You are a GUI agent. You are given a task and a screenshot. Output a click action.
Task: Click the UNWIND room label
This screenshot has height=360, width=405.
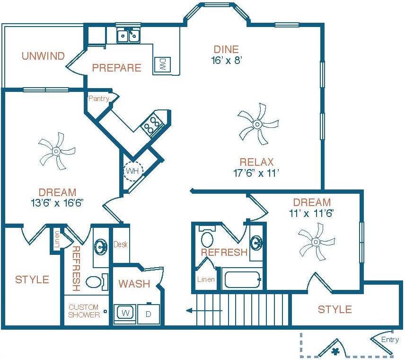click(43, 56)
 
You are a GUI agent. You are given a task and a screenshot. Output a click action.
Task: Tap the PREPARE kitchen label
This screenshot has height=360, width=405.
click(116, 68)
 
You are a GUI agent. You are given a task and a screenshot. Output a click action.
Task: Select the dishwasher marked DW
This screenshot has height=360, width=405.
click(162, 64)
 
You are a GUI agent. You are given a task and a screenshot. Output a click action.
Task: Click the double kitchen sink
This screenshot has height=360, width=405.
click(128, 36)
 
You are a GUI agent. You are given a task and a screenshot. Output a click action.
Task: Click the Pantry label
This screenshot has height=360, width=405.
click(99, 99)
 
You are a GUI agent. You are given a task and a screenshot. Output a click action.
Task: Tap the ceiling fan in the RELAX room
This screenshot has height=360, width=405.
click(257, 124)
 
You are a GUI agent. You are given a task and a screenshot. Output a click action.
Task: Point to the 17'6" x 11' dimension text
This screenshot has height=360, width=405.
click(256, 173)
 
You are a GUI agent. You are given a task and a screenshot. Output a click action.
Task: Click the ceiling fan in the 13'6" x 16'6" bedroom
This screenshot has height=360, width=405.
click(56, 151)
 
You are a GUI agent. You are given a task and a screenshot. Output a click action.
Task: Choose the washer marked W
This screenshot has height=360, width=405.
click(125, 313)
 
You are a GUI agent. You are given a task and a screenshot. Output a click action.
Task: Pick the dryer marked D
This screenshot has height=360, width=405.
click(148, 314)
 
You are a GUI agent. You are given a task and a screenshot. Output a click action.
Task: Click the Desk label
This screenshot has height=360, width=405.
click(121, 245)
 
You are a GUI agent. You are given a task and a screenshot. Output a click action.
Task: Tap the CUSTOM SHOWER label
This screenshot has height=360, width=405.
click(84, 311)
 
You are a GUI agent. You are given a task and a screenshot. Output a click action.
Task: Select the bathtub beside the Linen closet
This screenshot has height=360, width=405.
click(243, 279)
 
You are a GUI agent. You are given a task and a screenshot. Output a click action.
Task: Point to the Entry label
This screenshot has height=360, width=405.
click(390, 340)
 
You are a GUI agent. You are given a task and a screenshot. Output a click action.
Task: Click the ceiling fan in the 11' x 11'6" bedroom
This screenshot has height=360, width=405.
click(316, 242)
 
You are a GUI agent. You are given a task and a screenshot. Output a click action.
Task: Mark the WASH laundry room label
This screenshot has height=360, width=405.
click(134, 284)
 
